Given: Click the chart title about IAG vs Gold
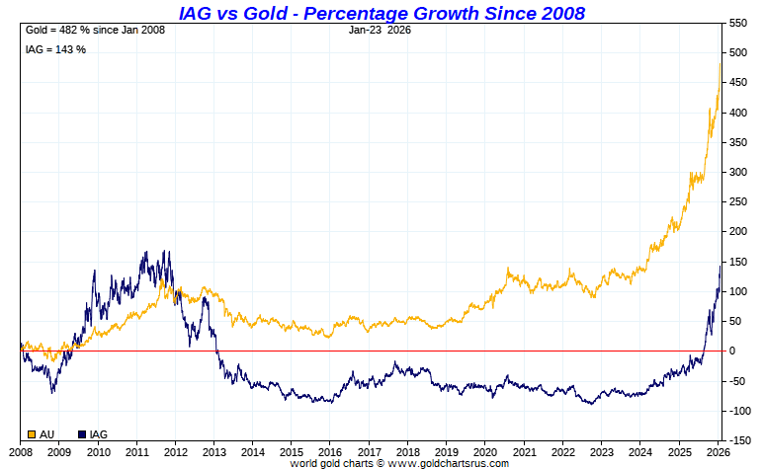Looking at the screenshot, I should (381, 13).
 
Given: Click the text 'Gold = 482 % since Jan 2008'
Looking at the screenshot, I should (95, 31).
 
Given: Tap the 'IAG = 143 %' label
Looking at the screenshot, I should (55, 49).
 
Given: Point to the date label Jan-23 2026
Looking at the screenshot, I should (381, 31).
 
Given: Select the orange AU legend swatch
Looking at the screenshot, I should (33, 434).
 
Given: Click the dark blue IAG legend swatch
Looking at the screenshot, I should (81, 434).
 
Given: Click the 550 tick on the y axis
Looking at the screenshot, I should (737, 23).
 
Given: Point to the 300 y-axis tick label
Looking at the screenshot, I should (737, 172).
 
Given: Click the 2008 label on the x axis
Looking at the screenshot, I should (20, 450).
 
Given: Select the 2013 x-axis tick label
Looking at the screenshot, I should (213, 450).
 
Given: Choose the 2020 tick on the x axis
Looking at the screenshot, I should (485, 450).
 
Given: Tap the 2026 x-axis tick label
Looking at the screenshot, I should (719, 450).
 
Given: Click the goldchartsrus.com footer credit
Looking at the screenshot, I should (399, 463).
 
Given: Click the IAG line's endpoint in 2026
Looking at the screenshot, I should (721, 266).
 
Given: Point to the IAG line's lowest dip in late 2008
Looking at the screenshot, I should (52, 392).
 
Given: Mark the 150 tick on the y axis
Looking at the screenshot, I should (737, 262).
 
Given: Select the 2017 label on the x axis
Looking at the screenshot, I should (369, 450).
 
